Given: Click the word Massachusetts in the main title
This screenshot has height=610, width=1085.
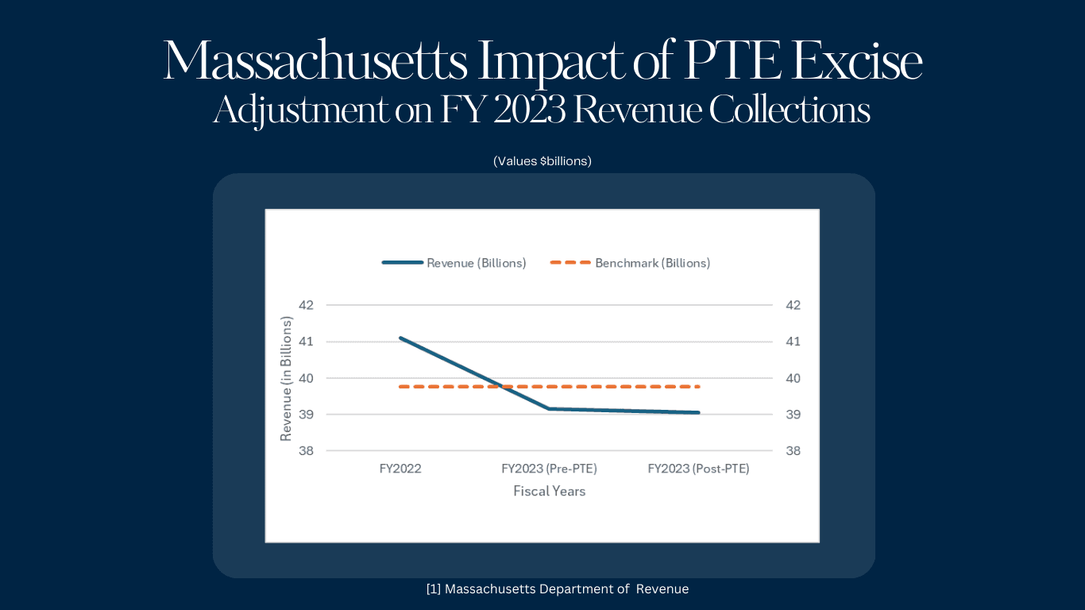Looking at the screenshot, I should pos(315,62).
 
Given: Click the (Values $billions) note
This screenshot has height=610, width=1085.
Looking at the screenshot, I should pos(542,161).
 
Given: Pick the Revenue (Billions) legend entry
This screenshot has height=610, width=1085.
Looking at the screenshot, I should pos(454,263).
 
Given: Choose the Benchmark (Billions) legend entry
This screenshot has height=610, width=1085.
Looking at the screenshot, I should pos(631,263).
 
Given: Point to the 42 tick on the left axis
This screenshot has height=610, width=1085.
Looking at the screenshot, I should pos(307,305).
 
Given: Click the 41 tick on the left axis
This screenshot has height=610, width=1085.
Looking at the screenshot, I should pos(307,342).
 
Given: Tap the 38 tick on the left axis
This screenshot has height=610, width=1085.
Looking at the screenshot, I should pos(307,451).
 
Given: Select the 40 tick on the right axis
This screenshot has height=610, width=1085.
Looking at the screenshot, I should pos(793,378).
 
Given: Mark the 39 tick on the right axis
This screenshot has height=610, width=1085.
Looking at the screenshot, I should pos(793,415).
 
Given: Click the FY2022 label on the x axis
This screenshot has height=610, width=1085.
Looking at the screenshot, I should pos(400,469).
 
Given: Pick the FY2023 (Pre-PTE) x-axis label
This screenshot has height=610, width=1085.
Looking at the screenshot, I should pos(549,469).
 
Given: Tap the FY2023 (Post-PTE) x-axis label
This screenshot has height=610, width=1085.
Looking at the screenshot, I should pos(698,469).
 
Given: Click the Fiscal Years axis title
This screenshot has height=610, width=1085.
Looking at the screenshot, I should pos(549,492).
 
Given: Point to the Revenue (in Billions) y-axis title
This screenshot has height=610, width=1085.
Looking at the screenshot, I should pos(287,378).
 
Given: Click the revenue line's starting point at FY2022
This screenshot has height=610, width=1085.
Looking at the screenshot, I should pos(400,338).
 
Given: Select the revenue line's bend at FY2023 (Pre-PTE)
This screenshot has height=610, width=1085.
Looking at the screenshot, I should pos(549,409).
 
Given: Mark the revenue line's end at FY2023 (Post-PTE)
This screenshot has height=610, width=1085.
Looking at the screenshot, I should pos(698,412).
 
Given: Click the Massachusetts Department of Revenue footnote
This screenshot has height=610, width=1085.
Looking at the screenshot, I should pos(557,589).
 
